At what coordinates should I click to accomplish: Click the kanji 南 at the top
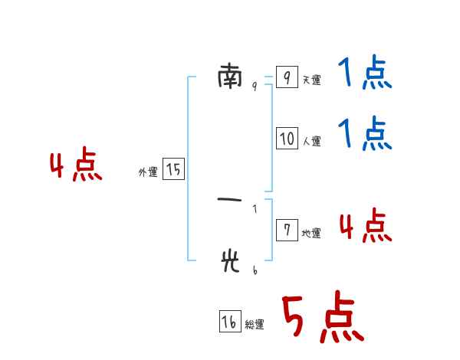[230, 75]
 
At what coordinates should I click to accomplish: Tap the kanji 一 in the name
[230, 201]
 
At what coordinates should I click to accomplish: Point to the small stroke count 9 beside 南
[255, 87]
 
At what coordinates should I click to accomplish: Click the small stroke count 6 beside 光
[255, 270]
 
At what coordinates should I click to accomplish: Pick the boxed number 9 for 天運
[286, 77]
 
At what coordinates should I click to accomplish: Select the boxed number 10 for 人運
[287, 139]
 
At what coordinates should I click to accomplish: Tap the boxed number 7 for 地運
[286, 231]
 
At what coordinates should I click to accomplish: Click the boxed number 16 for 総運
[229, 322]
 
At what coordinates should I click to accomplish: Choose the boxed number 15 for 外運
[173, 169]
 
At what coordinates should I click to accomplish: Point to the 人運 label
[311, 142]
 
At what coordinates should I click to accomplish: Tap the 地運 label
[311, 234]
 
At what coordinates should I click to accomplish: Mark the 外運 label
[148, 173]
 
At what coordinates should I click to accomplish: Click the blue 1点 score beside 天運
[365, 74]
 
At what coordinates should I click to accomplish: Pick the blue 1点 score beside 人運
[365, 134]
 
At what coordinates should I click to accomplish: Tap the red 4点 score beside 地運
[365, 226]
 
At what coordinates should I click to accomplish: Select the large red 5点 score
[321, 318]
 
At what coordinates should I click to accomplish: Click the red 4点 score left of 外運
[76, 166]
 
